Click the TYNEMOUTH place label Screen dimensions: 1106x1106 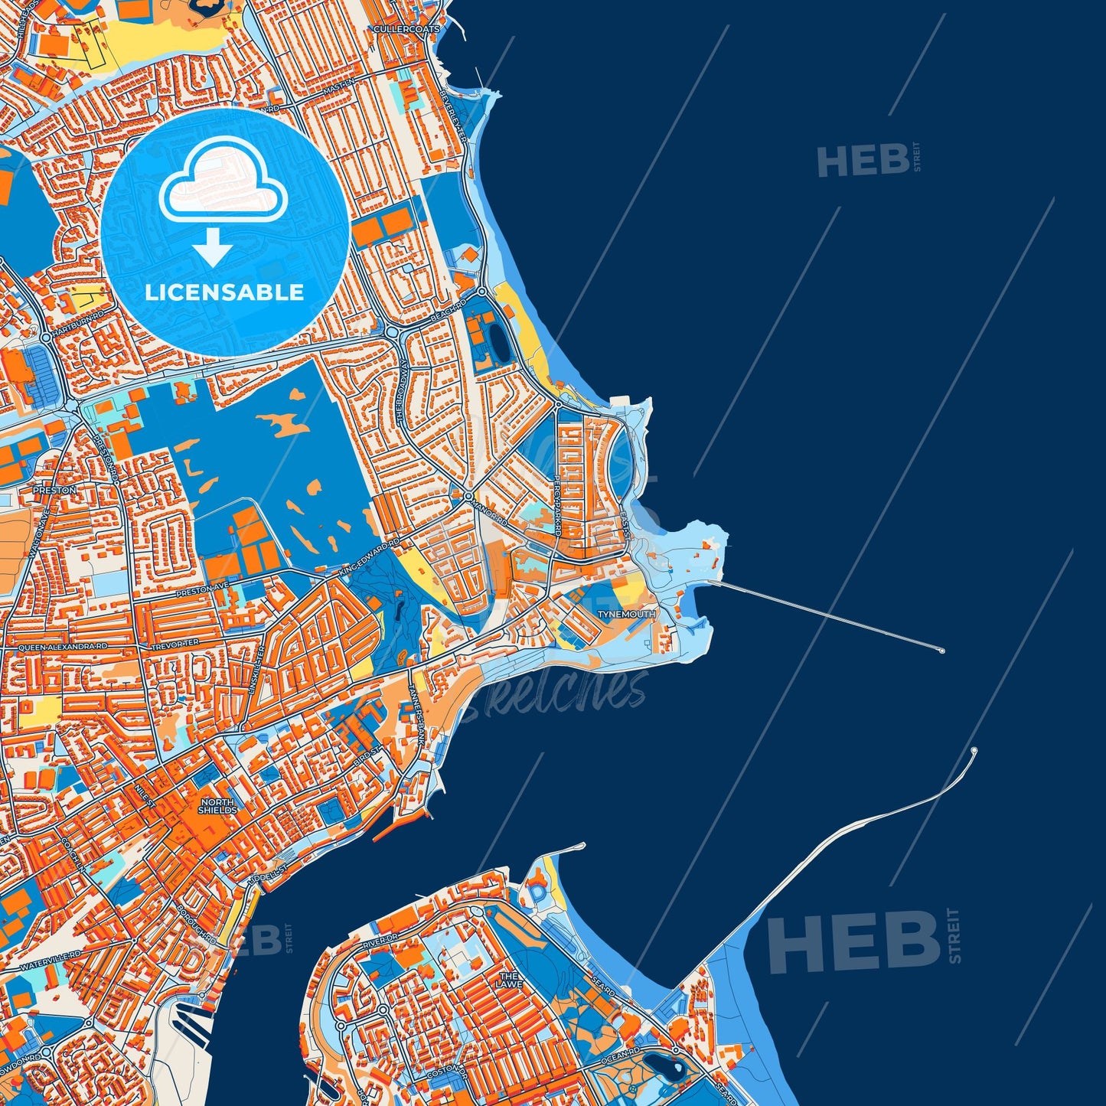pos(626,615)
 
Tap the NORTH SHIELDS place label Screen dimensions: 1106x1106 pos(217,807)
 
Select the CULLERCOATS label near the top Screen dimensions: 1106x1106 pos(406,29)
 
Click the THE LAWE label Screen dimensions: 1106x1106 pos(509,980)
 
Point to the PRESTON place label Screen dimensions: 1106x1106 pos(54,490)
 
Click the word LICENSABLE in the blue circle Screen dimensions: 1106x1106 pos(224,292)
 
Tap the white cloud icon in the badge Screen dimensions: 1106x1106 pos(223,178)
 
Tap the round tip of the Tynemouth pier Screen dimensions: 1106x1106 pos(941,651)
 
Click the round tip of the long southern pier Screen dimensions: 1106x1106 pos(974,751)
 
